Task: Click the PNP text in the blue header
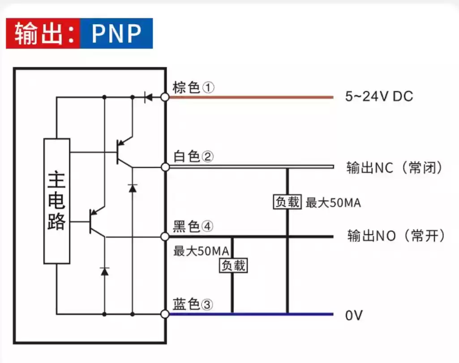(116, 34)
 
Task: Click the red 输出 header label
(43, 34)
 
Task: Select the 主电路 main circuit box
(57, 201)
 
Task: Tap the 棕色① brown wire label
(193, 88)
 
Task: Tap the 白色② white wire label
(193, 157)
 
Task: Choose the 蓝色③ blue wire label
(193, 305)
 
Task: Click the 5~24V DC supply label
(379, 97)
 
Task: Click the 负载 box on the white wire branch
(287, 202)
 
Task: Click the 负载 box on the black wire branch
(233, 265)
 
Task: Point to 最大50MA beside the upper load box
(333, 203)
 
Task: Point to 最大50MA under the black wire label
(202, 251)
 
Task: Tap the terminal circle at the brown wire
(165, 97)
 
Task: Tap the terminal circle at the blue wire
(165, 314)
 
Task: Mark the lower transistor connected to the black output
(95, 222)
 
